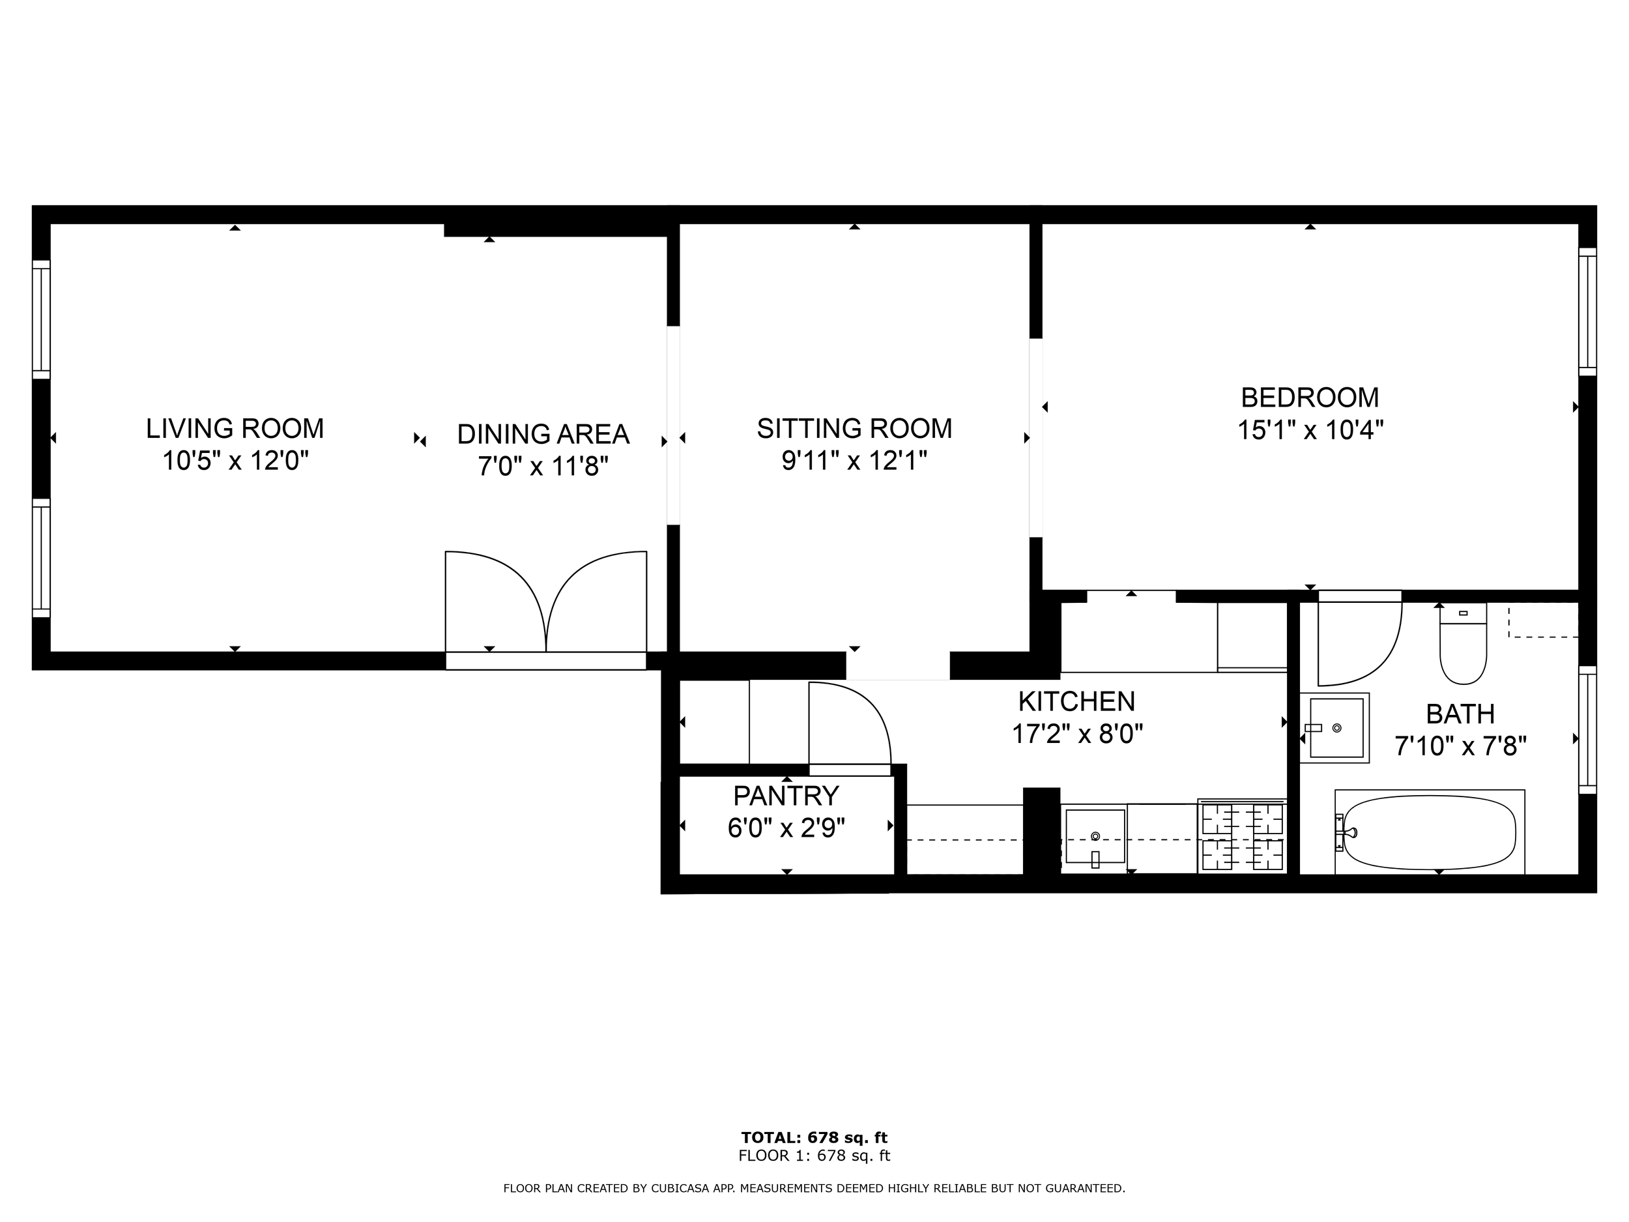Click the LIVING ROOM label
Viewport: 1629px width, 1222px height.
[x=235, y=429]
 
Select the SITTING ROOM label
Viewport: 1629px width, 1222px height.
[x=854, y=429]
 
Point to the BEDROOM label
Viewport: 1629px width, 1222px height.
[x=1310, y=398]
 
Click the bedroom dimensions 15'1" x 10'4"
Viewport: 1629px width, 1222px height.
[x=1310, y=430]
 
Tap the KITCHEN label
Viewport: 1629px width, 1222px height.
[x=1076, y=702]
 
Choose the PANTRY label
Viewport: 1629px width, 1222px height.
[x=786, y=796]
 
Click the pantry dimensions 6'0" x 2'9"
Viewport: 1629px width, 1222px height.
[x=786, y=828]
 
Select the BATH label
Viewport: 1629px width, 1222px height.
[x=1460, y=714]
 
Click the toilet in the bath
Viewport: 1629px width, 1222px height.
[x=1463, y=643]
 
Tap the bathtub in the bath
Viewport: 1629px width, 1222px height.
[x=1430, y=833]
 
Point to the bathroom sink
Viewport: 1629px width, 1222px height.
[x=1334, y=728]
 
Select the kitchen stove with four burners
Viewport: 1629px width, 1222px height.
[x=1243, y=836]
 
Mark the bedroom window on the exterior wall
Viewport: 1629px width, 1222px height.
[x=1588, y=312]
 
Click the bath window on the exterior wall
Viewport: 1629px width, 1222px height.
[x=1588, y=730]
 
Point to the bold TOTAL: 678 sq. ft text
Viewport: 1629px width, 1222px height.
[x=814, y=1138]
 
